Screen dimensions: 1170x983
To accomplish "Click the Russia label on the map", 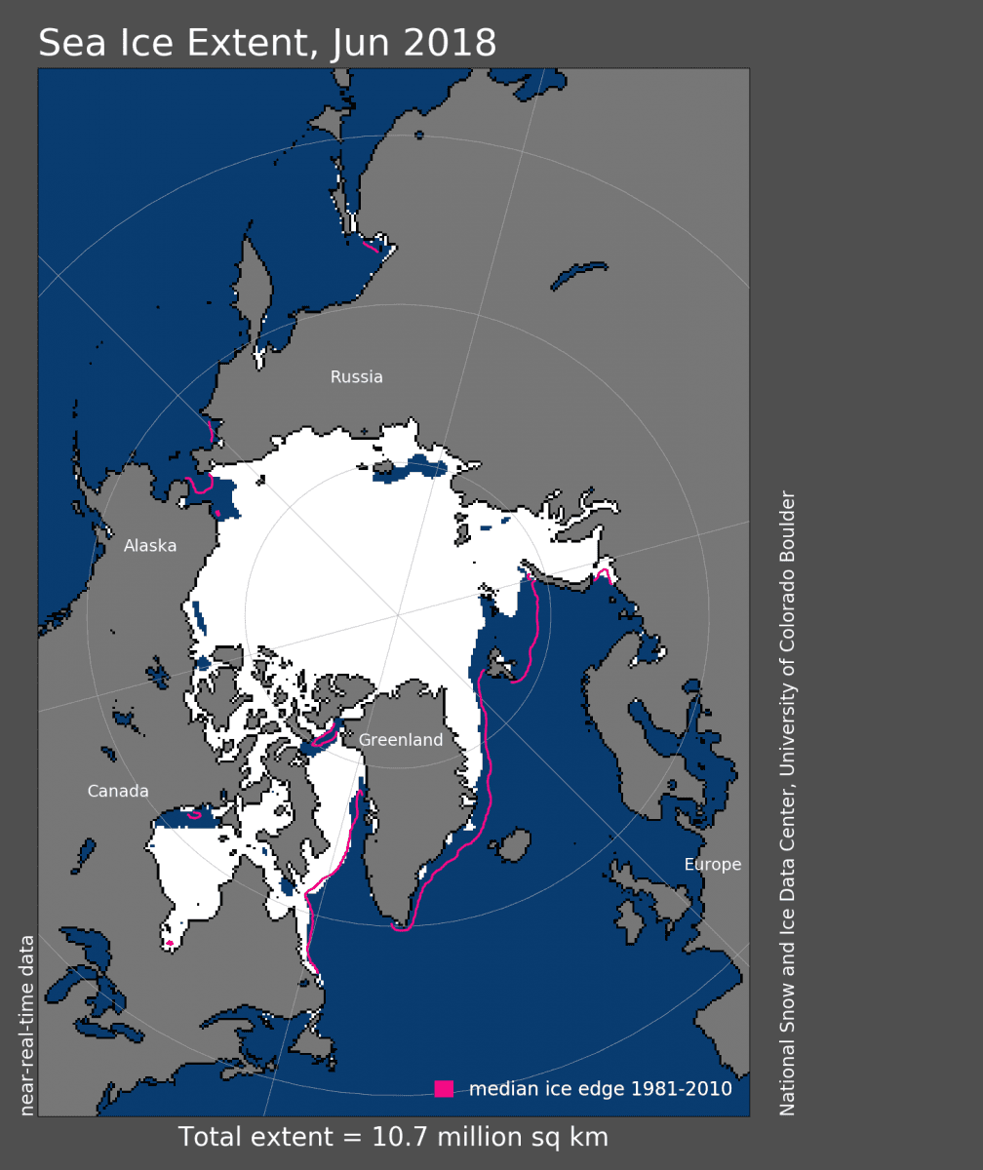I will [x=357, y=377].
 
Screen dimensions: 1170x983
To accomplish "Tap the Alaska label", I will [x=150, y=546].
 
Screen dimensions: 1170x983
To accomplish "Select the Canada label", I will [x=118, y=791].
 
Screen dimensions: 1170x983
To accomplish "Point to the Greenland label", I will [x=401, y=740].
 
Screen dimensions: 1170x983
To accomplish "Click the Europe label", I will [x=713, y=865].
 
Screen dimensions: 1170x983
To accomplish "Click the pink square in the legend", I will [x=444, y=1089].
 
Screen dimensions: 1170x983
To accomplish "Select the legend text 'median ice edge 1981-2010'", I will [x=601, y=1089].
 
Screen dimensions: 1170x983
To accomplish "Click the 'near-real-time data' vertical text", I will [x=27, y=1025].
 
